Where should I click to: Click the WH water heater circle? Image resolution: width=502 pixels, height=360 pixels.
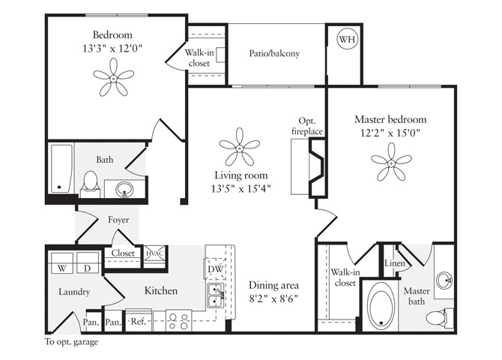point(347,39)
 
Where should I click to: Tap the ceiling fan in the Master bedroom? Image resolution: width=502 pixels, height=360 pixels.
point(391,160)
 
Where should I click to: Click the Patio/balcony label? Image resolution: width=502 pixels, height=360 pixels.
point(274,53)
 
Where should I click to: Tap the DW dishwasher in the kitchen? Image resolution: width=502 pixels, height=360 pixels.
point(214,268)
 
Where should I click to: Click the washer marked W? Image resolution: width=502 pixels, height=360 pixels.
point(61,267)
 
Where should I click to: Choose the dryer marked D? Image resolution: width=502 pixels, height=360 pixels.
point(86,267)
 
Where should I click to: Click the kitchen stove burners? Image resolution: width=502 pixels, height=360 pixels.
point(178,321)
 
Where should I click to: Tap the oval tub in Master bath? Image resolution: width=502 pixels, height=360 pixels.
point(381,307)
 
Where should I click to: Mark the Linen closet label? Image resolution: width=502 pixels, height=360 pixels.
point(394,263)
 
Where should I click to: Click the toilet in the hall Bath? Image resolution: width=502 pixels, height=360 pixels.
point(90,181)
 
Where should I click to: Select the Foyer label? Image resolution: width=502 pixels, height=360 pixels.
point(118,220)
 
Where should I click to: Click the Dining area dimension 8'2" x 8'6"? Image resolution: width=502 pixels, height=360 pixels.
point(274,299)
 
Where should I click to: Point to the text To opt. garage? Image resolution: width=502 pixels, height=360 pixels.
point(71,342)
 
